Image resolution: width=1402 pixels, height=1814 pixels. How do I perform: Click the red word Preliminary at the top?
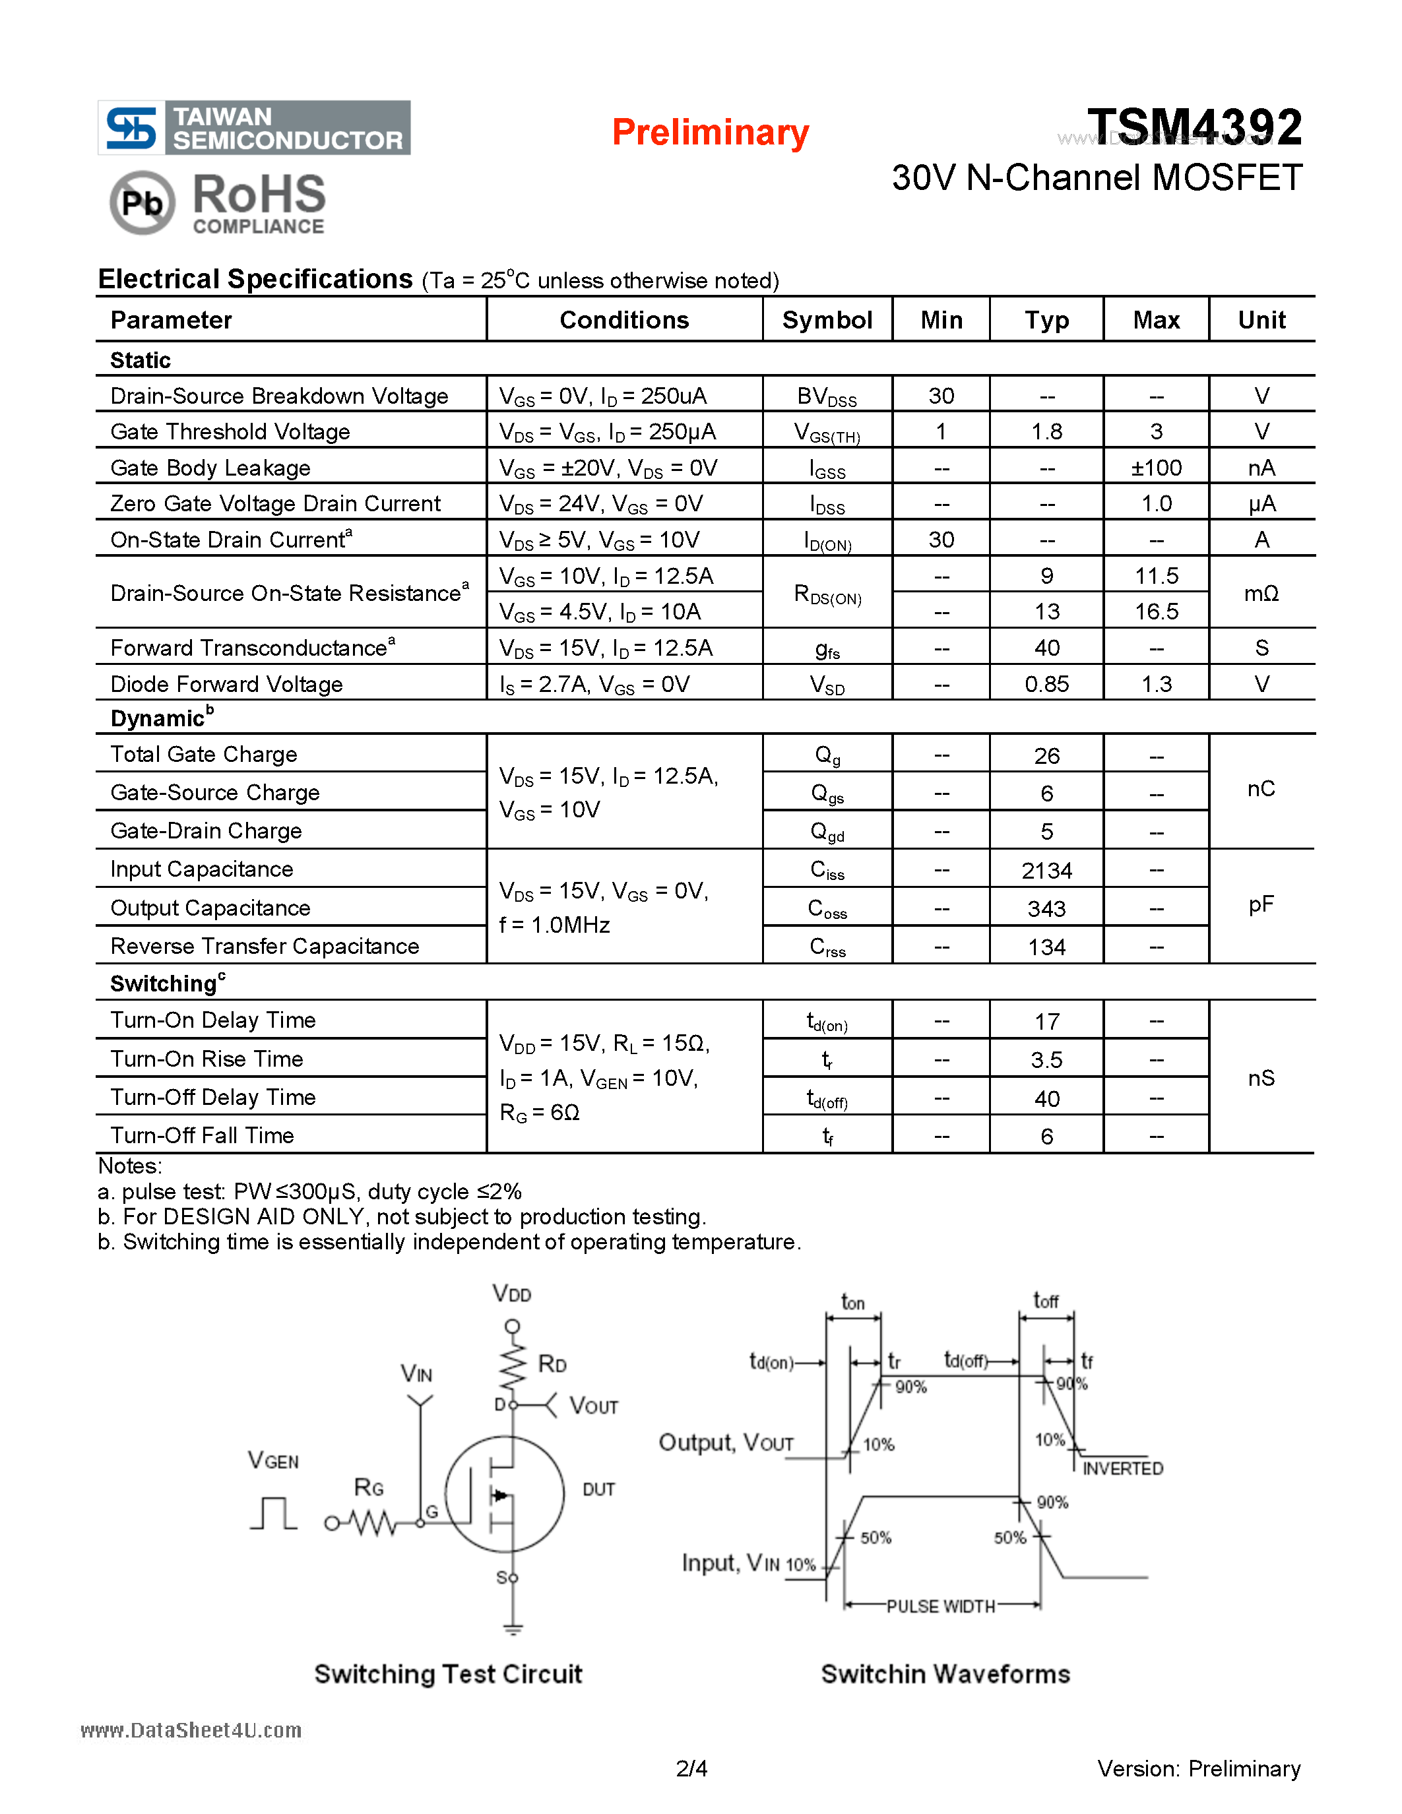coord(710,133)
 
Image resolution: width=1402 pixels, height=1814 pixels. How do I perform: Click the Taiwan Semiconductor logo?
coord(254,128)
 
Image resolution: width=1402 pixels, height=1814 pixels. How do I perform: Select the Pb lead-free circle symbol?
coord(142,203)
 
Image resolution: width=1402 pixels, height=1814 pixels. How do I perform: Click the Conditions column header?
coord(623,320)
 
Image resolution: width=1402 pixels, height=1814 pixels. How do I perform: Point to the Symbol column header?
coord(827,320)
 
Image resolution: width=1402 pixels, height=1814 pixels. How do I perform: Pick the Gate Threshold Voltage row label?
coord(230,432)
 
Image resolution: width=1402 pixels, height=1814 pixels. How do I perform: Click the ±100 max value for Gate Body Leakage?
coord(1155,468)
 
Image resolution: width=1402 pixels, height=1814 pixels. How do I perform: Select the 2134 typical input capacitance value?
coord(1046,871)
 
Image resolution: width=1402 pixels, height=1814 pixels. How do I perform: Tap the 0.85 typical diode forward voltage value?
coord(1046,685)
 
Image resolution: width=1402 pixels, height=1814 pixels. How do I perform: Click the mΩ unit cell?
coord(1261,593)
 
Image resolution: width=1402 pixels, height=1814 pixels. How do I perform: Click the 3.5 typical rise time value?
coord(1046,1060)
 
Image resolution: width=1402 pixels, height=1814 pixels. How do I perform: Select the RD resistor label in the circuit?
coord(552,1364)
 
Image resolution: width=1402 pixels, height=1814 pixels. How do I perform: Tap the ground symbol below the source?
coord(513,1629)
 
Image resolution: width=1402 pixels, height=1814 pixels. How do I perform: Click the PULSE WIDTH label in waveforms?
coord(940,1606)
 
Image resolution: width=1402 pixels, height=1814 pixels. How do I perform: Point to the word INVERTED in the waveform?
coord(1122,1468)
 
